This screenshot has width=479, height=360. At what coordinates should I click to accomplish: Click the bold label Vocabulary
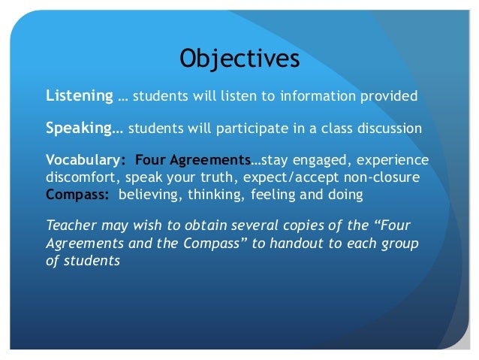point(83,160)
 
